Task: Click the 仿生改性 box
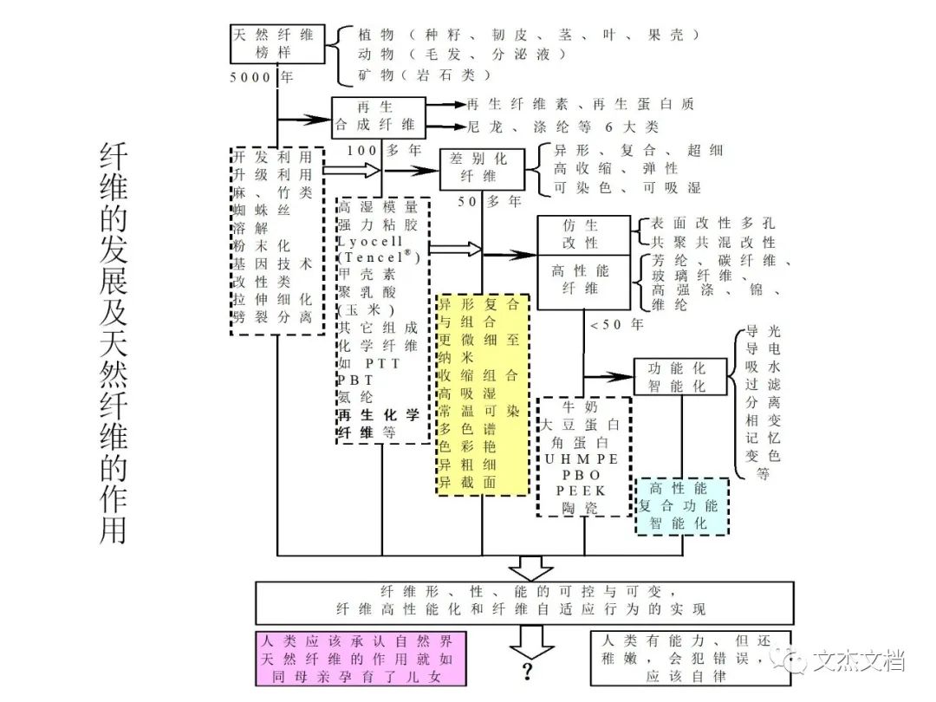(x=583, y=234)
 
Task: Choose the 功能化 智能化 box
(x=676, y=378)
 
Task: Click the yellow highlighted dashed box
(x=482, y=393)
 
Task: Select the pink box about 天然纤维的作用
(x=360, y=659)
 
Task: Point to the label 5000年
(x=262, y=77)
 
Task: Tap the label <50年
(x=615, y=325)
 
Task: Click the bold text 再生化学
(x=378, y=414)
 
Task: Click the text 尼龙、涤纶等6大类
(x=562, y=127)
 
